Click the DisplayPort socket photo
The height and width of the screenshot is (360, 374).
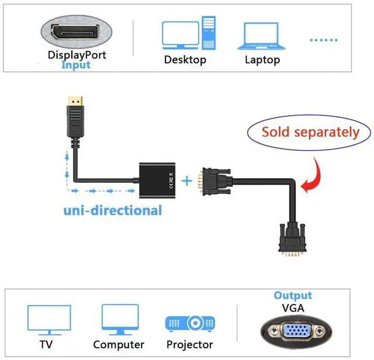pos(77,32)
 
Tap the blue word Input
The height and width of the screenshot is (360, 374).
pos(76,65)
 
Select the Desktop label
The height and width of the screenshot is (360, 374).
pos(185,60)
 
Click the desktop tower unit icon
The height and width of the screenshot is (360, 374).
pos(209,33)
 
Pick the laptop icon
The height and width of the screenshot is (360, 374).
pos(261,36)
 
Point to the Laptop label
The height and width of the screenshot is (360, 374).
pos(262,60)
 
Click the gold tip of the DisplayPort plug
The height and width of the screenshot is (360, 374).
pos(75,101)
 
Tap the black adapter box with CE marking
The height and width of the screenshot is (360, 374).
pos(157,181)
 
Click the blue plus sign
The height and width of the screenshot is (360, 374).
pos(187,181)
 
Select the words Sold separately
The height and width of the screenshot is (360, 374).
pos(310,132)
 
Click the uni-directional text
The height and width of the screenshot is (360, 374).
pos(113,210)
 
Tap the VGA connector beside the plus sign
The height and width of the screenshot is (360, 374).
pos(214,182)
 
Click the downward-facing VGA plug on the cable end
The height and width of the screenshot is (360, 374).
pos(292,240)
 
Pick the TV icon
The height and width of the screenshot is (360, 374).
pos(49,320)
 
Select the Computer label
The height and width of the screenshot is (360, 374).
pos(119,344)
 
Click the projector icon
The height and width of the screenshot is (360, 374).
pos(190,324)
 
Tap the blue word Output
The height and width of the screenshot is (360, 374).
pos(293,295)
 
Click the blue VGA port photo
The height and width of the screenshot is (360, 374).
pos(296,331)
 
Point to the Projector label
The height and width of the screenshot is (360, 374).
pos(189,345)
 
